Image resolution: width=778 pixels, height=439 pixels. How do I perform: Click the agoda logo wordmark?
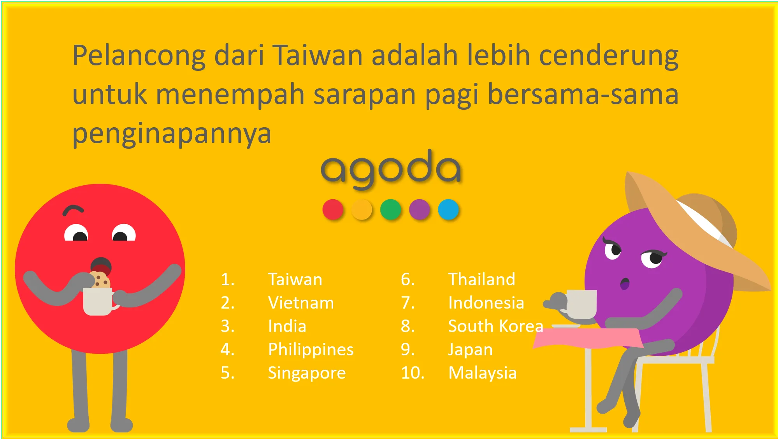(391, 169)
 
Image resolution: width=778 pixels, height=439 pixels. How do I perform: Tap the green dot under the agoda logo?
(391, 209)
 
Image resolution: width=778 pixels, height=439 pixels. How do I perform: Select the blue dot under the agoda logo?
(448, 209)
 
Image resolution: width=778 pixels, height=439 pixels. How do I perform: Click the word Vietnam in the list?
(301, 303)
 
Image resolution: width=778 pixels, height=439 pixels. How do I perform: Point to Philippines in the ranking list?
(311, 350)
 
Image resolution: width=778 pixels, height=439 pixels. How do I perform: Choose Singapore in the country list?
(307, 373)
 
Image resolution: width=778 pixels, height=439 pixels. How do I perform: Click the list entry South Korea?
(495, 326)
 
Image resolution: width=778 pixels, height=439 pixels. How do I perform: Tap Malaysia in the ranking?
(483, 373)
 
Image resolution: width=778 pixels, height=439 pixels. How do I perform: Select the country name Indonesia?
(486, 303)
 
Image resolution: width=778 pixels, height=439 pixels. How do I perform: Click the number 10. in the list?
(413, 373)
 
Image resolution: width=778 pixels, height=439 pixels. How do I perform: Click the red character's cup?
(99, 301)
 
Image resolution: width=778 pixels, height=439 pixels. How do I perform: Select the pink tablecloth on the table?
(588, 338)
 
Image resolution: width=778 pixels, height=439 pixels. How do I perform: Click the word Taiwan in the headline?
(317, 55)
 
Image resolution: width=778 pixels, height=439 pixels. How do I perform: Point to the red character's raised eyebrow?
(73, 210)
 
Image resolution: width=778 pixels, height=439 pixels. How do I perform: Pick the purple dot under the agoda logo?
(420, 209)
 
